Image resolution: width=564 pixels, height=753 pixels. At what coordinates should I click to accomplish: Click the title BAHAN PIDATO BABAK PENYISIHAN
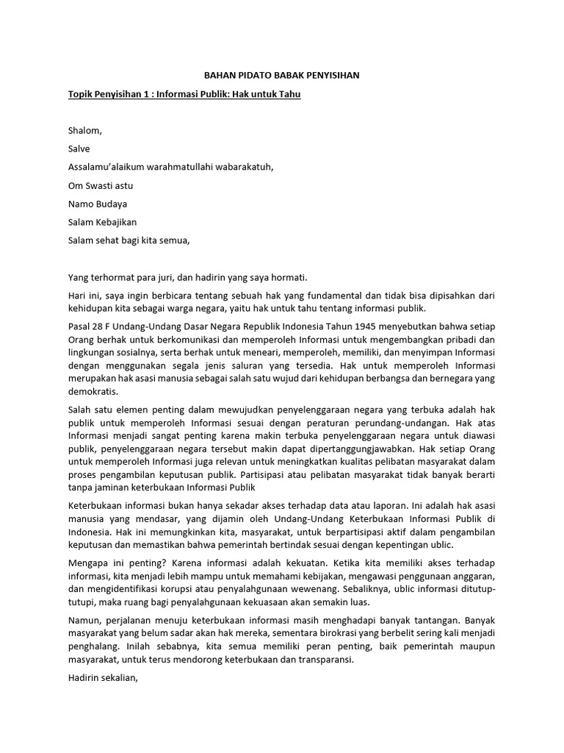[x=281, y=76]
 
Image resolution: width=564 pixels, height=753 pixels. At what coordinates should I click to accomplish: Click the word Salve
[x=79, y=149]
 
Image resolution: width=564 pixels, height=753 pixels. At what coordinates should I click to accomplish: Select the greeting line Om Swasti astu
[x=101, y=185]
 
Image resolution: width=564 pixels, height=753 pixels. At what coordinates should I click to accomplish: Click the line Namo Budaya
[x=92, y=204]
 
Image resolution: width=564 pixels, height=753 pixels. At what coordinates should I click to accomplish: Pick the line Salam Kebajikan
[x=102, y=221]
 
